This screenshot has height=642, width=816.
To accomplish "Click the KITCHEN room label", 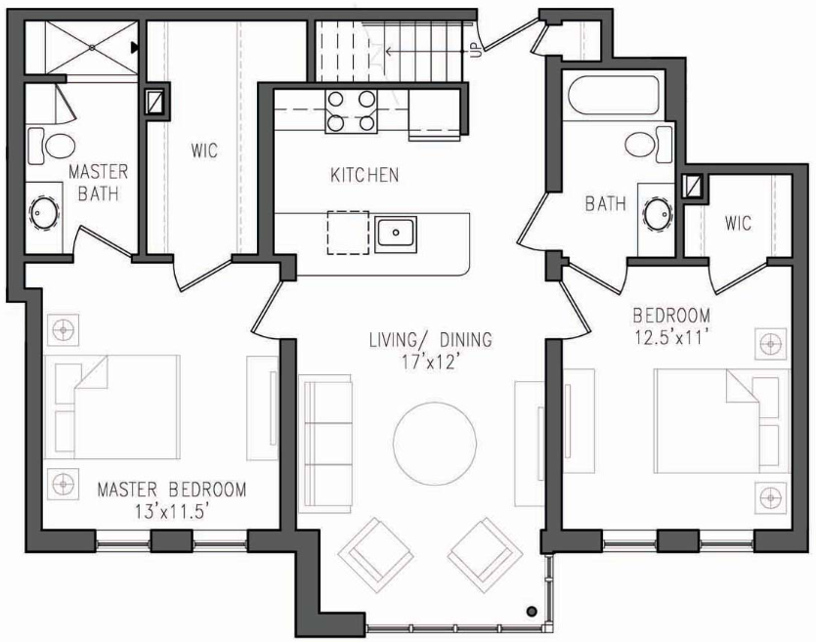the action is click(365, 175).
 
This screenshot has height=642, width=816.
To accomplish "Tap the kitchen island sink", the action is click(396, 232).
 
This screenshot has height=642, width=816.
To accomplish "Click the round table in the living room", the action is click(435, 443).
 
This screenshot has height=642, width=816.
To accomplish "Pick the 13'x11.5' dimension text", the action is click(172, 512).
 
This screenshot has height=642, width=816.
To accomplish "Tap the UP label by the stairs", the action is click(476, 50).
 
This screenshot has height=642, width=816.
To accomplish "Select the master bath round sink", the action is click(45, 213).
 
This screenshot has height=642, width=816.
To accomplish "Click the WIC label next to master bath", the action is click(204, 151).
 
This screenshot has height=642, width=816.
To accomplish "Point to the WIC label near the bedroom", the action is click(738, 224).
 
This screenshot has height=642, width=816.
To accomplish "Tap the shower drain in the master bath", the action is click(92, 47).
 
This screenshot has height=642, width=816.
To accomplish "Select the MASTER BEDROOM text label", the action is click(172, 490).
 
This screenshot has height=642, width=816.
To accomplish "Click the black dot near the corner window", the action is click(532, 612).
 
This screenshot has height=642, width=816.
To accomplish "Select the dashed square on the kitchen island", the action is click(348, 233).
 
